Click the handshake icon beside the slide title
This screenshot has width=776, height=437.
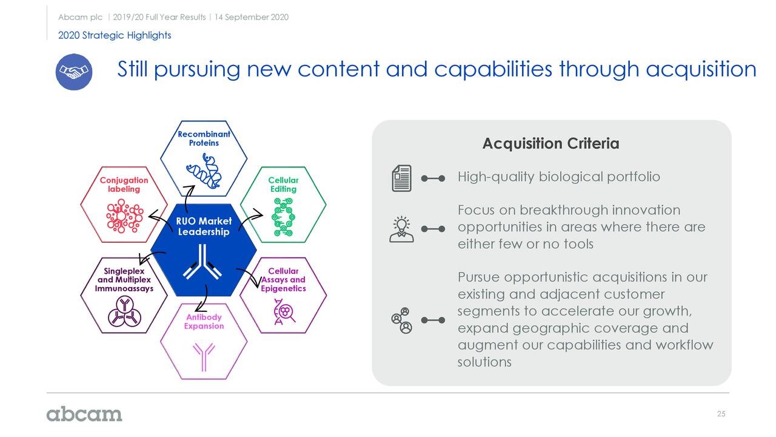(x=74, y=72)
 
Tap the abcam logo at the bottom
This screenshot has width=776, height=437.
(x=84, y=414)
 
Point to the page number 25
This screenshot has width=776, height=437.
(x=721, y=414)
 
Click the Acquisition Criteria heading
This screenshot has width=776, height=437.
(x=551, y=143)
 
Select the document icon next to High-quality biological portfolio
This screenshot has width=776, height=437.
(x=401, y=178)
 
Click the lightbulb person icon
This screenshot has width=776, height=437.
(x=401, y=229)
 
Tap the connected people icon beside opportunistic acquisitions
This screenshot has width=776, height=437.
(x=401, y=320)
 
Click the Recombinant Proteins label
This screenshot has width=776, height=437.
(x=204, y=138)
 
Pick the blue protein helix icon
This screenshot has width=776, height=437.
(x=204, y=171)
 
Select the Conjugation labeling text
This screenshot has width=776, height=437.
(x=124, y=185)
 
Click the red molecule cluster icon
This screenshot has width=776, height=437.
(x=124, y=215)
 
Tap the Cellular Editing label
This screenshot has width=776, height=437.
(x=283, y=185)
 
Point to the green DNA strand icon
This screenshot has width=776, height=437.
(x=283, y=217)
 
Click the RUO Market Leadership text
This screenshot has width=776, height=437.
(x=204, y=226)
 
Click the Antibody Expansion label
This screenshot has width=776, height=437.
(x=204, y=322)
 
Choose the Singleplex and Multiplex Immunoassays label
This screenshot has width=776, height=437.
(x=124, y=280)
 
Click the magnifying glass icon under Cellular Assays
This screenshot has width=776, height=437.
(x=284, y=311)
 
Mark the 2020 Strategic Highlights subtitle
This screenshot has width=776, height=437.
(x=115, y=35)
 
